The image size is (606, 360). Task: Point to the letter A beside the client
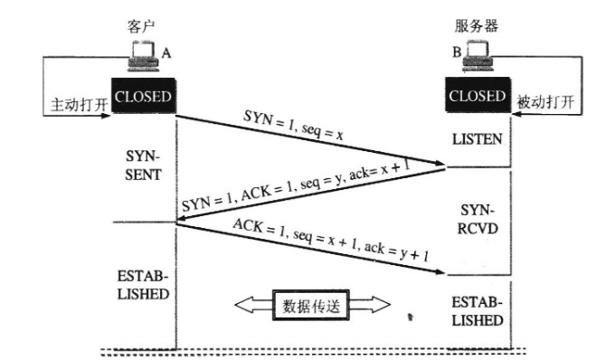pos(166,54)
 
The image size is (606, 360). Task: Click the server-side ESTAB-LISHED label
pos(477,311)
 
